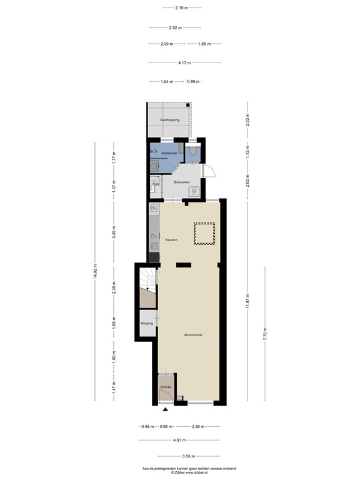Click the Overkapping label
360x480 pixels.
pos(169,119)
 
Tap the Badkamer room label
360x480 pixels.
pos(169,153)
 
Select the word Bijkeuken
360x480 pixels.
pos(173,182)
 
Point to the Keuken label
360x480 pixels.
pos(171,239)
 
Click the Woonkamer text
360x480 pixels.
pos(193,335)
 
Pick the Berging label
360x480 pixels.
pos(147,323)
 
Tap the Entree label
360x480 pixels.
pos(166,387)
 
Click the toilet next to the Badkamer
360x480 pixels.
pos(194,151)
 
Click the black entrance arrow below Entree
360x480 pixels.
pos(166,410)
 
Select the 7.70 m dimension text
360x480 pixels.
pos(264,334)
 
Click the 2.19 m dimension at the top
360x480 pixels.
pos(182,7)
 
